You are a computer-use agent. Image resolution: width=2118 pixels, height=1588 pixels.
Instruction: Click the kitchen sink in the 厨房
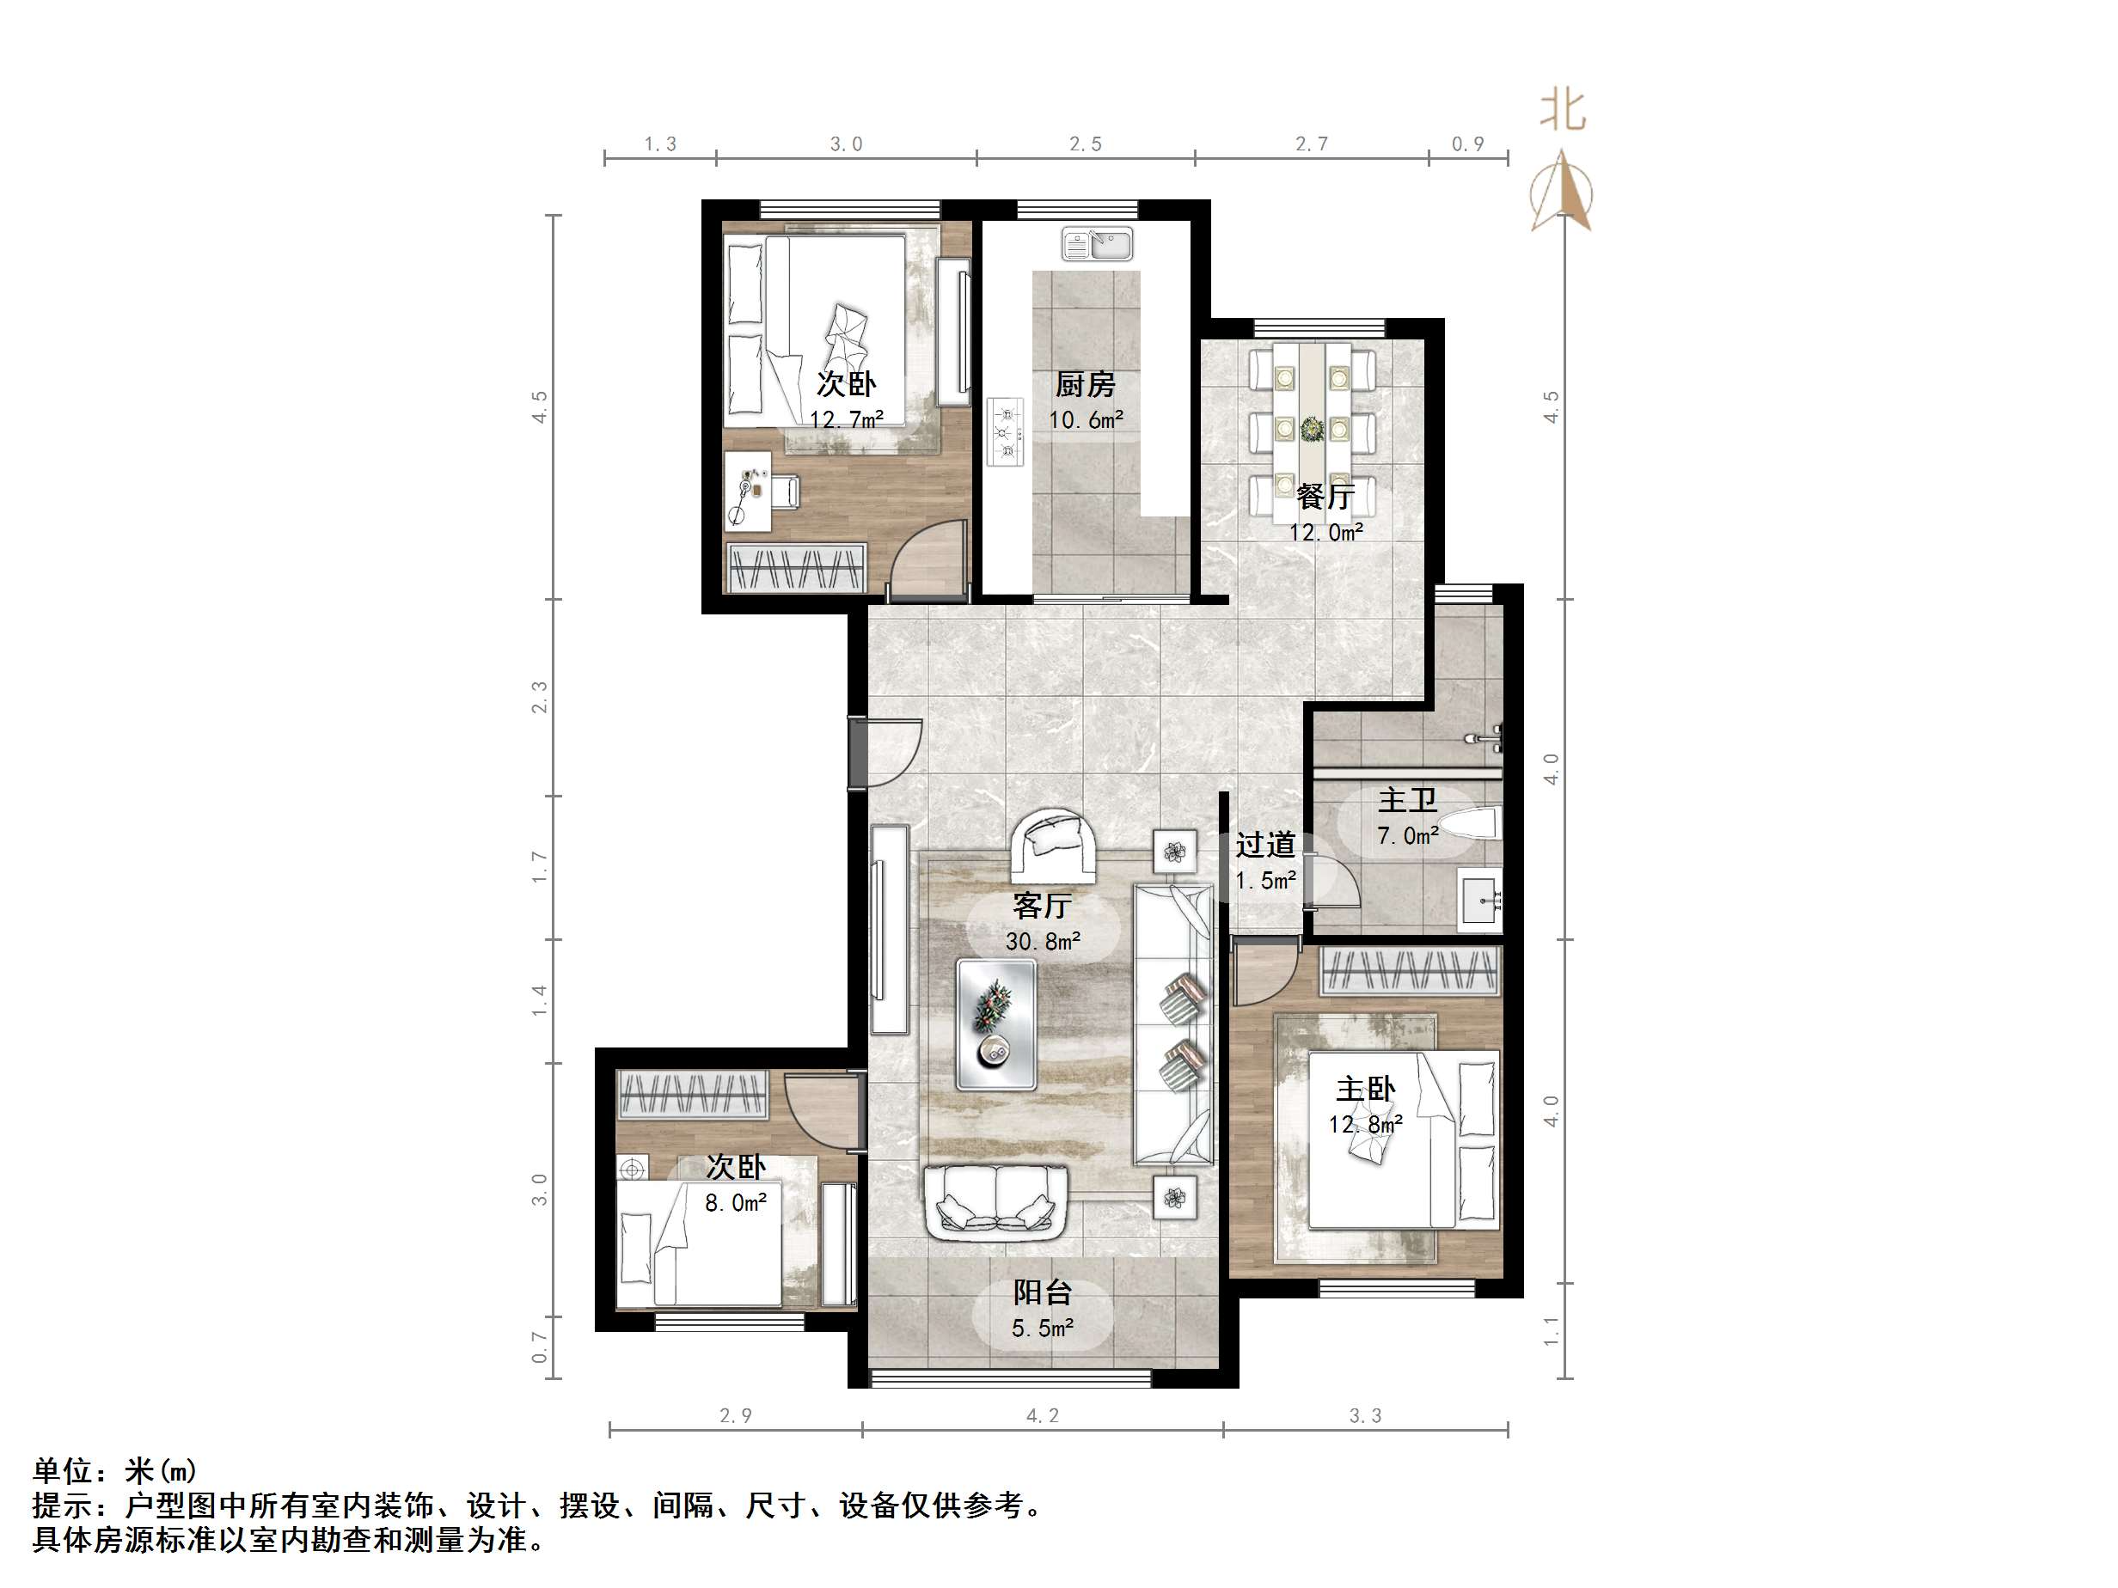1096,244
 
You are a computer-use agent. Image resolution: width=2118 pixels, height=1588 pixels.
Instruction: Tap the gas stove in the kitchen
1006,431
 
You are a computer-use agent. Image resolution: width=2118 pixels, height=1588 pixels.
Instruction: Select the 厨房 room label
1085,385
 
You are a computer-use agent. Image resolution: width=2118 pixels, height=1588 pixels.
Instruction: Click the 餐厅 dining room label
1325,496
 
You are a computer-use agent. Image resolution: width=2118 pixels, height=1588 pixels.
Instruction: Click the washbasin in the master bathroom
1479,900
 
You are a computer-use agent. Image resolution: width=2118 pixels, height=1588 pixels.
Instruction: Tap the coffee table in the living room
995,1024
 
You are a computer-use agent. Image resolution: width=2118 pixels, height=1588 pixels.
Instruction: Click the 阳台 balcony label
1043,1293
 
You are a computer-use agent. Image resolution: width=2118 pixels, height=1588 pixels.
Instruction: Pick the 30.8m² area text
1043,942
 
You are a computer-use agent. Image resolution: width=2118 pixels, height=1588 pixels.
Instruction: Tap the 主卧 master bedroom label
1365,1090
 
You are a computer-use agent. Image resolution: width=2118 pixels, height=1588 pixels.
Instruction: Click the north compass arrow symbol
1561,192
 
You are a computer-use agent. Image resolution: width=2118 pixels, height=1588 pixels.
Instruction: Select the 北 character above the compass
1563,111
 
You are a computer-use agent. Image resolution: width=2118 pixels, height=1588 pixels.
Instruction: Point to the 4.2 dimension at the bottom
1043,1415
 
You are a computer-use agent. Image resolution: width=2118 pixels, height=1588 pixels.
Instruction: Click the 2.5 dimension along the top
1086,144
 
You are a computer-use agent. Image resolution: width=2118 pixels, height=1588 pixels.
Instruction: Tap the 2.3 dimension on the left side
540,697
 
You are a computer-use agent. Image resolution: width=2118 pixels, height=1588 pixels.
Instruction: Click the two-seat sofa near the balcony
995,1200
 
